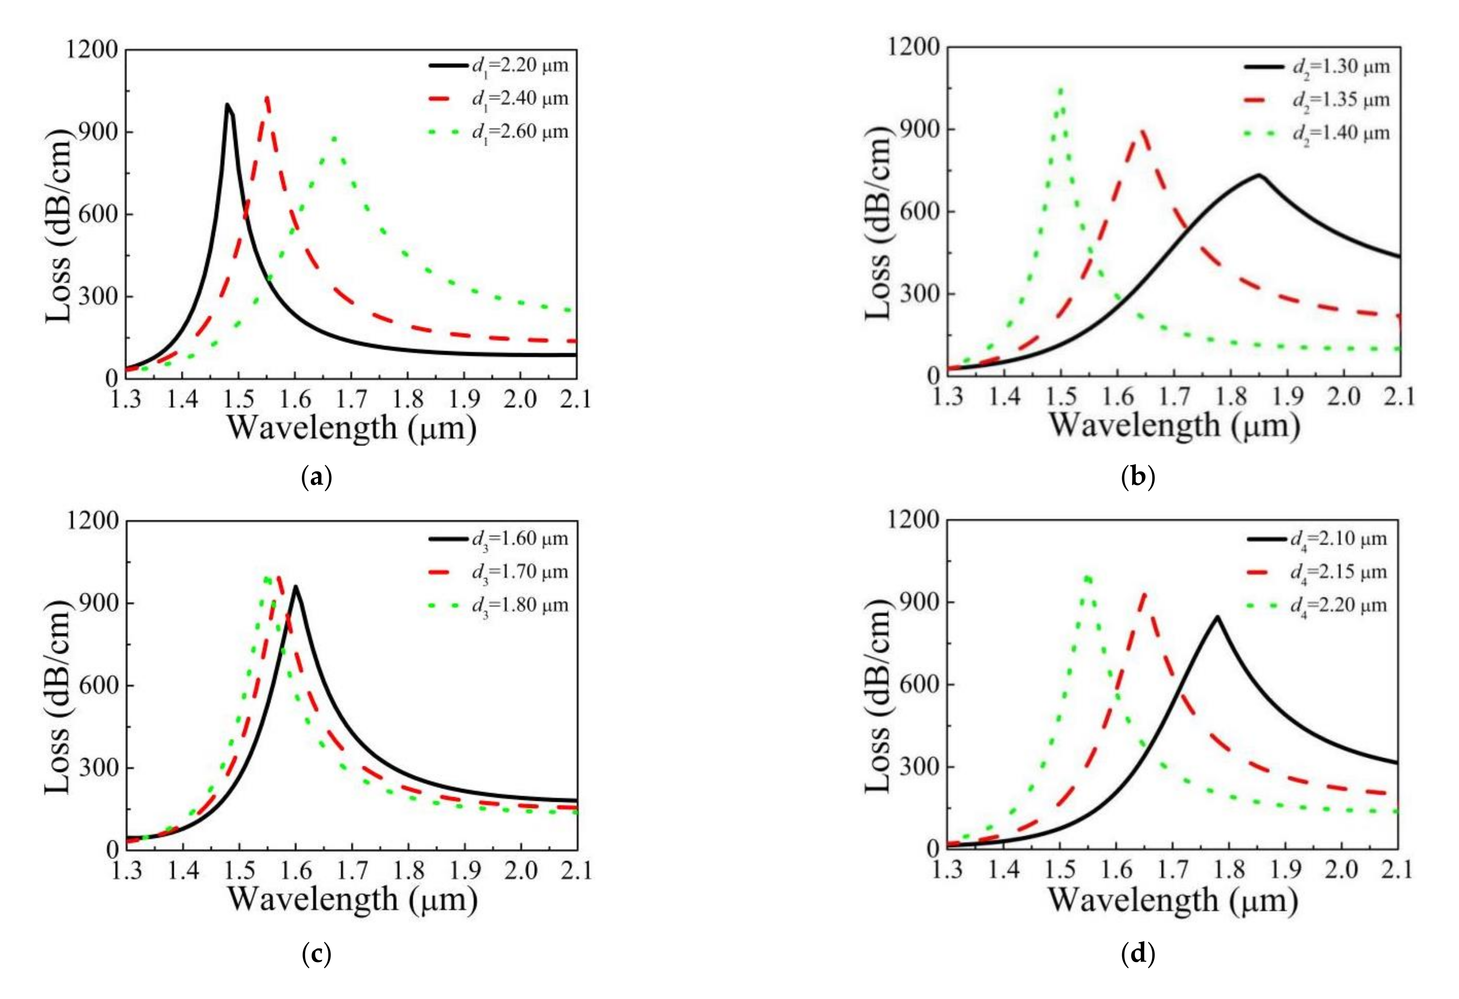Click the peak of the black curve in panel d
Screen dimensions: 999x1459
[1217, 617]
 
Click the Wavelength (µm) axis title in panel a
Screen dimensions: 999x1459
[352, 428]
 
